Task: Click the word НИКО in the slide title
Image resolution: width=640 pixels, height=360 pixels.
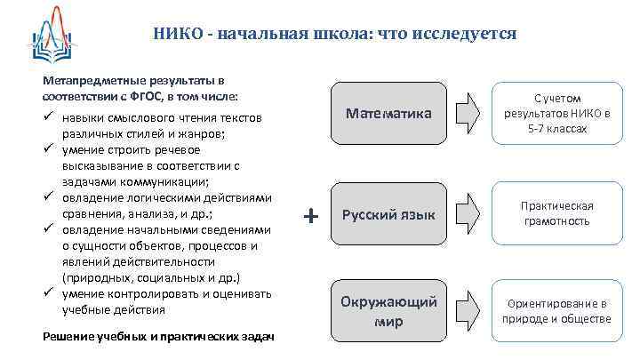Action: point(174,34)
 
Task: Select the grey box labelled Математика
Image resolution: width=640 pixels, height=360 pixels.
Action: point(388,114)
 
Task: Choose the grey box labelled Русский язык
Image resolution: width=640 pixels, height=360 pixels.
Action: point(388,214)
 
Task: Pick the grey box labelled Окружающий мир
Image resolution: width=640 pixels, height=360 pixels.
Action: point(388,311)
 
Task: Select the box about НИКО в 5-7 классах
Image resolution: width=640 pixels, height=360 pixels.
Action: point(556,114)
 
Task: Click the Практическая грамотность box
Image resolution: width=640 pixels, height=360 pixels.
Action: point(556,213)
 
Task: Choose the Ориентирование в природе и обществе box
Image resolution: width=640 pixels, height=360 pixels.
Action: point(556,311)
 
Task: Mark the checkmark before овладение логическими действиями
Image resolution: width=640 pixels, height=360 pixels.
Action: point(50,197)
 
